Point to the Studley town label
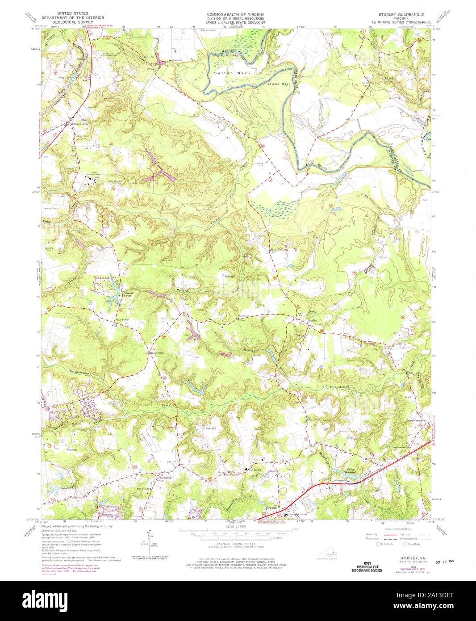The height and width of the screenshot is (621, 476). [x=312, y=320]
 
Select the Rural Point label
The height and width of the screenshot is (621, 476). [x=156, y=352]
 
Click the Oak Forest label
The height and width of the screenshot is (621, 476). [x=122, y=319]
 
